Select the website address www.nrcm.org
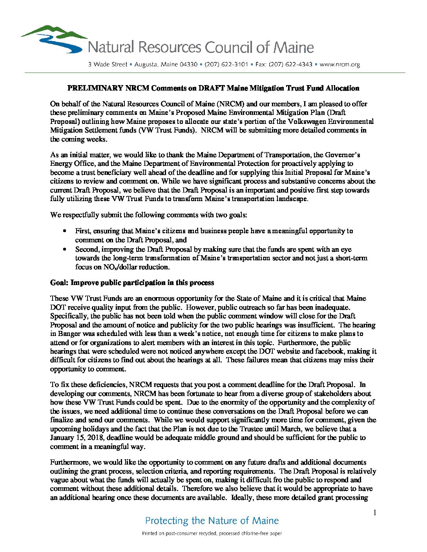339,64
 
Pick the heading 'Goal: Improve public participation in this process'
132,283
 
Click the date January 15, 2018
77,438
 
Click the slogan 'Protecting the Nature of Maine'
212,521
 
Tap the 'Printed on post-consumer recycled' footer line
212,534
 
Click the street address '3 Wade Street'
108,64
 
